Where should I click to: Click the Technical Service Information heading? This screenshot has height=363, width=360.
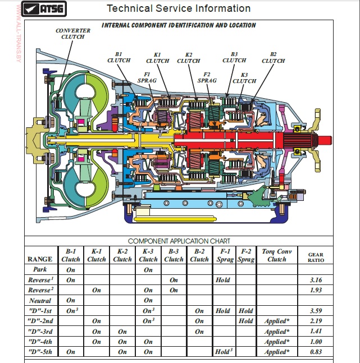(179, 8)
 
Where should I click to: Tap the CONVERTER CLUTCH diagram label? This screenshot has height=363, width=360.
(73, 34)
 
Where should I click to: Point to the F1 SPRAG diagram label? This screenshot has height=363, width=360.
(147, 77)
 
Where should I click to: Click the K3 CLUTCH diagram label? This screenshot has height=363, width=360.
(244, 77)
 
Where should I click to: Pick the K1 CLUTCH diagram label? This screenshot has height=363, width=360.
(157, 57)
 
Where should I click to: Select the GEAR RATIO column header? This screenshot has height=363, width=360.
(316, 256)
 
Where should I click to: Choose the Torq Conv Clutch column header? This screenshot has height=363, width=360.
(276, 255)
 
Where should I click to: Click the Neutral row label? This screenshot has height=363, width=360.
(40, 300)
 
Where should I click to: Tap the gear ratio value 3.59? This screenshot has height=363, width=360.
(317, 310)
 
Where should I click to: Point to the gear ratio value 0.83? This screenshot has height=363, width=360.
(317, 352)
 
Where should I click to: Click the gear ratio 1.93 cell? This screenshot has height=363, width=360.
(317, 290)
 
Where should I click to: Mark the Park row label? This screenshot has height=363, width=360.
(40, 269)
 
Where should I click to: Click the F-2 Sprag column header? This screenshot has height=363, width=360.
(245, 255)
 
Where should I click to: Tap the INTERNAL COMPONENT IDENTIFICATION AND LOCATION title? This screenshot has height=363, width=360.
(179, 25)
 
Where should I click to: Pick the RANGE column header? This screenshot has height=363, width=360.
(40, 259)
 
